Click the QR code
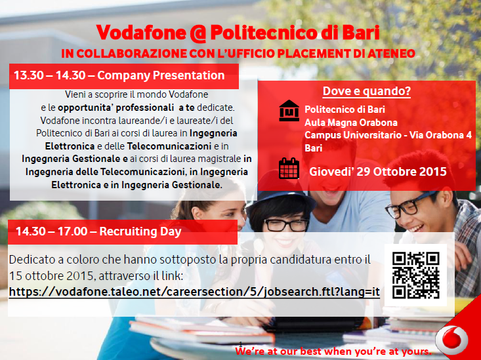(415, 275)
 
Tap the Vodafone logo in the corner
(451, 340)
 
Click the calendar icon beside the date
(289, 169)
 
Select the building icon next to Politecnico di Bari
(289, 110)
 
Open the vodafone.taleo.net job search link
(194, 292)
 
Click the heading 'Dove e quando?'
(367, 91)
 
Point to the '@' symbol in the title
(198, 33)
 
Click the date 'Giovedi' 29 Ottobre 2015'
(377, 171)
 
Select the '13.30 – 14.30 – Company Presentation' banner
(124, 76)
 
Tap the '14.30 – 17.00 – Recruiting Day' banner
(123, 232)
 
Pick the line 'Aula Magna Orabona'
(351, 123)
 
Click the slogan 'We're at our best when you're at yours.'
(333, 351)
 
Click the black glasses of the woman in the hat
(286, 225)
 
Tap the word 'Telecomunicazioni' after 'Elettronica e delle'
(169, 146)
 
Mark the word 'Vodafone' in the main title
(141, 33)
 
